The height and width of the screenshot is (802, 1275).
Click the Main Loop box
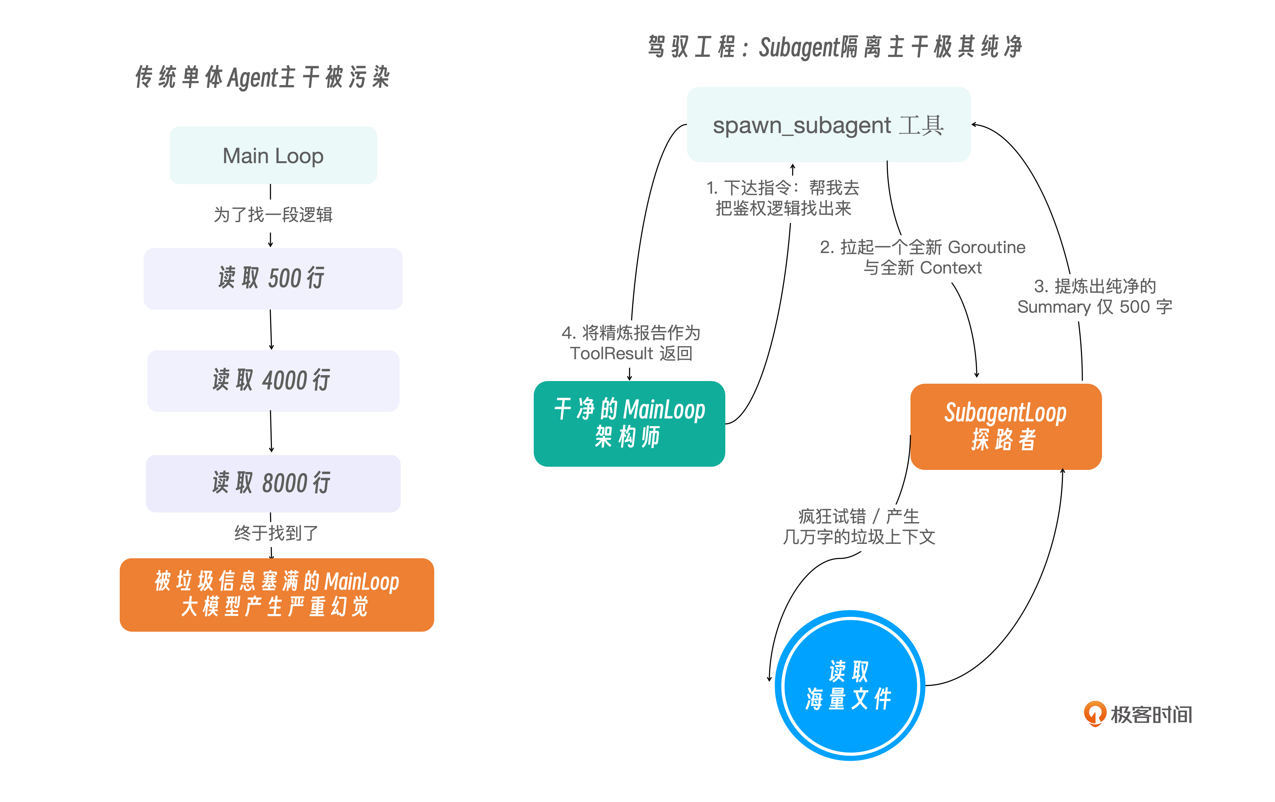point(273,156)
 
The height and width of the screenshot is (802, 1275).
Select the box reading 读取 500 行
point(273,278)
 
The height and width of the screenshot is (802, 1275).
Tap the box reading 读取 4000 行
point(273,381)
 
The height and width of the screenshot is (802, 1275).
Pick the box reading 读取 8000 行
point(273,483)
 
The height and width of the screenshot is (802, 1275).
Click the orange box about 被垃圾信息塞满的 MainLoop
point(277,594)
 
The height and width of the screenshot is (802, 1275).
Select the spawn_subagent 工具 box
point(829,125)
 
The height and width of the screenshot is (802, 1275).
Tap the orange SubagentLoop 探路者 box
point(1006,427)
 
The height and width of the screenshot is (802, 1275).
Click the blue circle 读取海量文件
point(850,685)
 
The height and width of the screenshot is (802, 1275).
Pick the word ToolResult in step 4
point(611,353)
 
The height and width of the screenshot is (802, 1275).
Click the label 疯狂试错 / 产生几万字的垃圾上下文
point(859,527)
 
